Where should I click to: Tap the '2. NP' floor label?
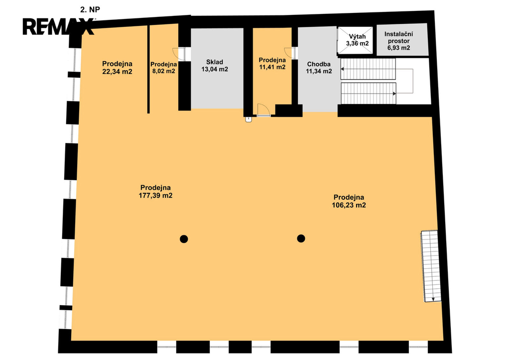coord(90,10)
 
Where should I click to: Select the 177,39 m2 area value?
coord(155,196)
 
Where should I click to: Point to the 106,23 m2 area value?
coord(349,205)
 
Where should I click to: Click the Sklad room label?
coord(215,62)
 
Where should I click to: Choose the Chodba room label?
coord(319,64)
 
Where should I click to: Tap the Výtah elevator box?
coord(355,40)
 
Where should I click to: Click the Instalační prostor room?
coord(402,39)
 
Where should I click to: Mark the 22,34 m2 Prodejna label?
coord(117,68)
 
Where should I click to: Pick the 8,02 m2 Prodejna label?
coord(163,68)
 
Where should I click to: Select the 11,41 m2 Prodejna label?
coord(272,63)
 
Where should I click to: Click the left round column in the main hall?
coord(184,239)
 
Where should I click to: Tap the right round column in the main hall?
coord(301,239)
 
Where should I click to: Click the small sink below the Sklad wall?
coord(249,119)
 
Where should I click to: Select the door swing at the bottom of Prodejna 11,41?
coord(263,110)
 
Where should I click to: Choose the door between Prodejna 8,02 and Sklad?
coord(179,54)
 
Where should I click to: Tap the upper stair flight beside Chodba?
coord(368,69)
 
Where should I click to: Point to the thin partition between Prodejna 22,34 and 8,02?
coord(148,69)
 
